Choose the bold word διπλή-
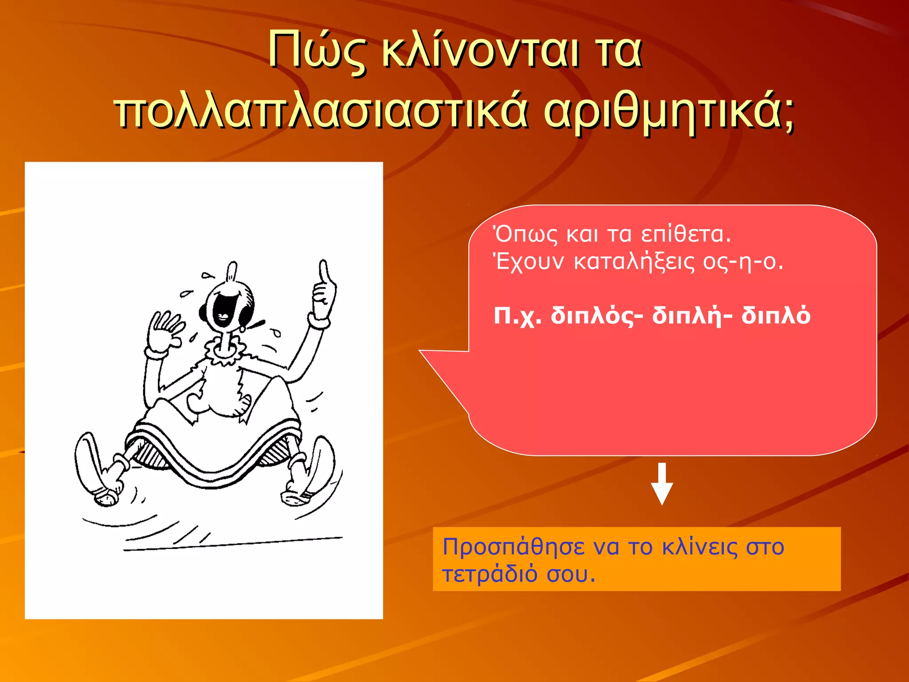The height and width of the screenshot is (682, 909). [x=692, y=316]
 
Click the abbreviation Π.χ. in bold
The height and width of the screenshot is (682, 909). [x=518, y=317]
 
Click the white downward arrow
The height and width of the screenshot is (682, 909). [x=662, y=484]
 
